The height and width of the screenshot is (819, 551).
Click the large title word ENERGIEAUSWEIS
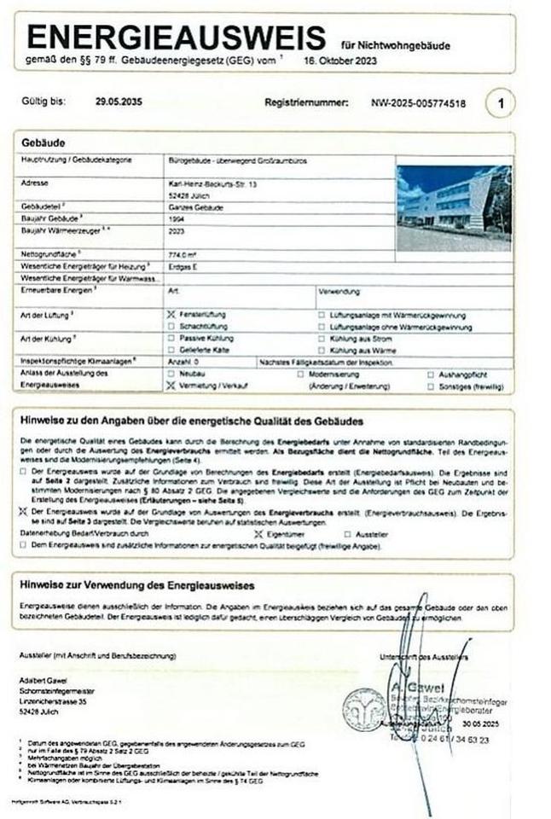tap(176, 38)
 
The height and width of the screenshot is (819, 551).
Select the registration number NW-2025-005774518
tap(418, 103)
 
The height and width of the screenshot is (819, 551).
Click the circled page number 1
tap(501, 104)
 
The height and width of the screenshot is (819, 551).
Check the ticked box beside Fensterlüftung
tap(170, 315)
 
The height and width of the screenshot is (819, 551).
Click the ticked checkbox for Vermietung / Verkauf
tap(170, 386)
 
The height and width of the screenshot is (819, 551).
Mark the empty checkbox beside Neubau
tap(170, 375)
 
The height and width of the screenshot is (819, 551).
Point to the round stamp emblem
tap(364, 709)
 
